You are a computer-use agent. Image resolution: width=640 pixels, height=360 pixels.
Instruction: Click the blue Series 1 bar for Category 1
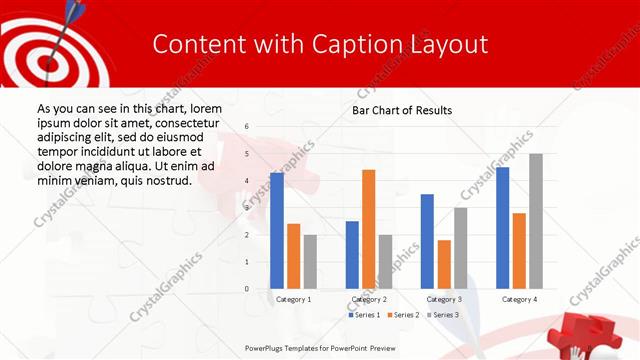coord(277,231)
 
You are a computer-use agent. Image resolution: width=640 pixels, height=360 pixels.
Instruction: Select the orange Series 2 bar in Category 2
coord(368,229)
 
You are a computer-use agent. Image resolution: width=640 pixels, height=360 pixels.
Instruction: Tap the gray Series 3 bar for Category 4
coord(535,221)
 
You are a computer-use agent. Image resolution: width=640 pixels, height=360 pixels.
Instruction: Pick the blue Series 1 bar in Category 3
coord(427,241)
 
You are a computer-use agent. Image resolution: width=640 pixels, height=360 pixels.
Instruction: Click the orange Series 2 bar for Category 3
coord(444,264)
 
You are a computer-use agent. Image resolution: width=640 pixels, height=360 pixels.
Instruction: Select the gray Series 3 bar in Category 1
coord(310,262)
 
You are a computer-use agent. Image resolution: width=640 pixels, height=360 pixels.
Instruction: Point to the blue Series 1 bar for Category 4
coord(502,228)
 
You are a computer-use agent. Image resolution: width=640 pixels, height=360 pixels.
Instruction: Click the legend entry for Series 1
coord(366,315)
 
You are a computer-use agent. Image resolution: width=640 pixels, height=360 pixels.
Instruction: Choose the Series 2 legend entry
coord(402,315)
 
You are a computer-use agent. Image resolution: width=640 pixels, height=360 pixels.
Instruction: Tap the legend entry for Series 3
coord(443,315)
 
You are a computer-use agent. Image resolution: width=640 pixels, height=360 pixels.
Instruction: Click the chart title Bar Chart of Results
coord(402,110)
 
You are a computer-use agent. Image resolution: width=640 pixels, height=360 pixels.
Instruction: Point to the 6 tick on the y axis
coord(247,127)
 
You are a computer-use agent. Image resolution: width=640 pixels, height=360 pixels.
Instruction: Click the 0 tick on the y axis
coord(247,289)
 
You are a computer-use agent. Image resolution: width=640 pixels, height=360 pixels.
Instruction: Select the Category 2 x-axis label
coord(368,299)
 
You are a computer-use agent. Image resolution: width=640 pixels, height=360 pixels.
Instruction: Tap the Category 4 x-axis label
coord(519,299)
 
